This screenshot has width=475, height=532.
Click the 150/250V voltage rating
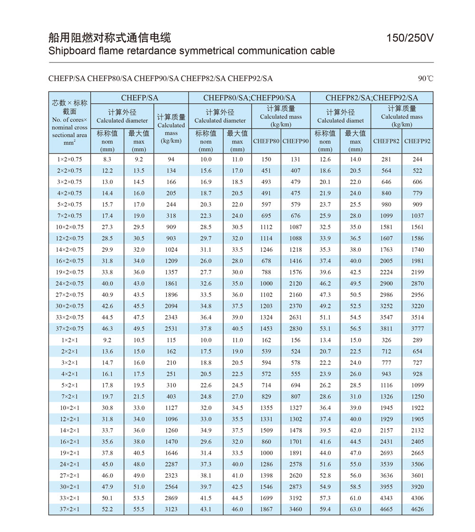click(x=410, y=38)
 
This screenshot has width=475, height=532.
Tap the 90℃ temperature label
click(x=426, y=79)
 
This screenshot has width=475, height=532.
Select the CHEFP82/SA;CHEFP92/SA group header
click(x=371, y=98)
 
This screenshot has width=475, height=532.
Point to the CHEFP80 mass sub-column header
click(x=266, y=141)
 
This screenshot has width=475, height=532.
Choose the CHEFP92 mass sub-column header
click(x=418, y=141)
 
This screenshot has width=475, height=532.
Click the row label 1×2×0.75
click(x=69, y=159)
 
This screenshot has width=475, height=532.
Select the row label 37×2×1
click(x=69, y=509)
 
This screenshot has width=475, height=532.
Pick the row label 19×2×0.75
click(x=69, y=272)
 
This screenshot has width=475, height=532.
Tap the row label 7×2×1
click(x=69, y=396)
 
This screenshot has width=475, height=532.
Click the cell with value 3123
click(x=171, y=509)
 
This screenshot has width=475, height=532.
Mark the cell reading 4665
click(x=386, y=509)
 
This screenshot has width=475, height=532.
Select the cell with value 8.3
click(x=107, y=159)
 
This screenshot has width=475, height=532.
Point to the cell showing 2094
click(x=171, y=306)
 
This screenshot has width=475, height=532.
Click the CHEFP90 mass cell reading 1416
click(x=295, y=261)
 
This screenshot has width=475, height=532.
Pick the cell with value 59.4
click(x=325, y=509)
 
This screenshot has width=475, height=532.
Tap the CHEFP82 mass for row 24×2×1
click(x=386, y=464)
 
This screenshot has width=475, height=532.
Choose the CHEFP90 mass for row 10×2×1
click(x=295, y=408)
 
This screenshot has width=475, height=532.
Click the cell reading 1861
click(x=171, y=284)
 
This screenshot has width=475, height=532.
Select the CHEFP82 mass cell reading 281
click(x=386, y=159)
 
